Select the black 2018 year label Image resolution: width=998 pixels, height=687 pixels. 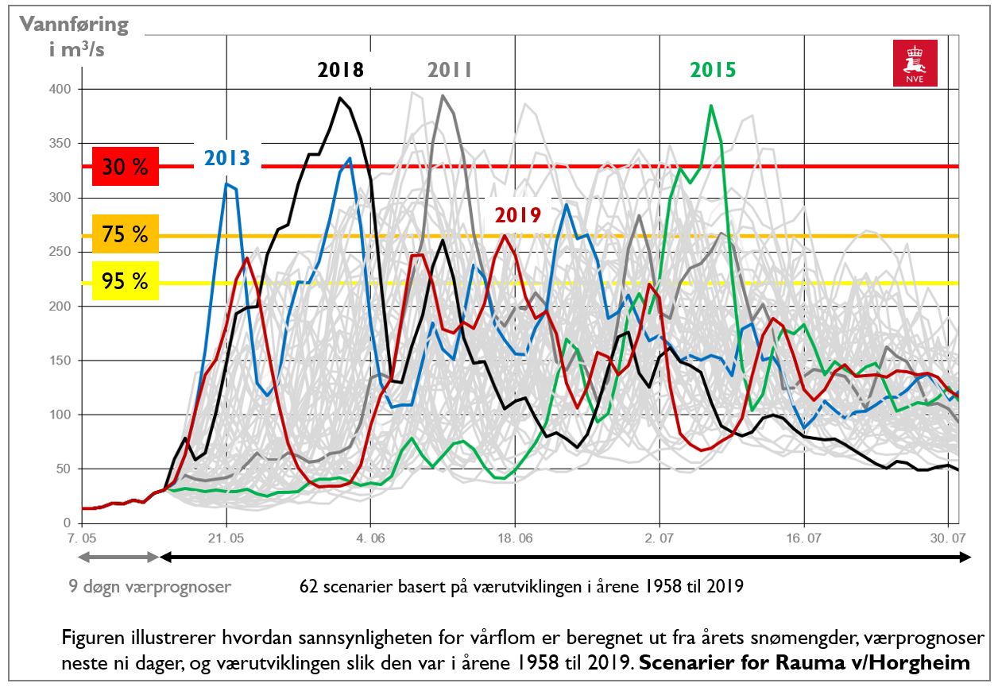(x=340, y=70)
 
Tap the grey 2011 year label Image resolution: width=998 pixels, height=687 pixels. (x=450, y=70)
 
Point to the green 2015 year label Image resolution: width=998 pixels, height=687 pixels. (x=713, y=70)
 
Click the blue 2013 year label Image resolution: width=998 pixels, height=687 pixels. (x=227, y=157)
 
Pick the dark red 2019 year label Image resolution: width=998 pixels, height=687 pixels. (x=517, y=215)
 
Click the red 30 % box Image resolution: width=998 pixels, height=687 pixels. (x=125, y=168)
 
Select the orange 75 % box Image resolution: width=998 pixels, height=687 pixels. (x=125, y=234)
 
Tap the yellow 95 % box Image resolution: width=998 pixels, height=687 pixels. (x=125, y=280)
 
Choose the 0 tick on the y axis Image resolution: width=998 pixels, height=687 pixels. (x=67, y=523)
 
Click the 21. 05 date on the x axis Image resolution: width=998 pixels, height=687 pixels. (x=226, y=538)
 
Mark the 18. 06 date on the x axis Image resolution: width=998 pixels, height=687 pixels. (x=515, y=538)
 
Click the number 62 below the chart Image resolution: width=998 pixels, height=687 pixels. (x=308, y=587)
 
